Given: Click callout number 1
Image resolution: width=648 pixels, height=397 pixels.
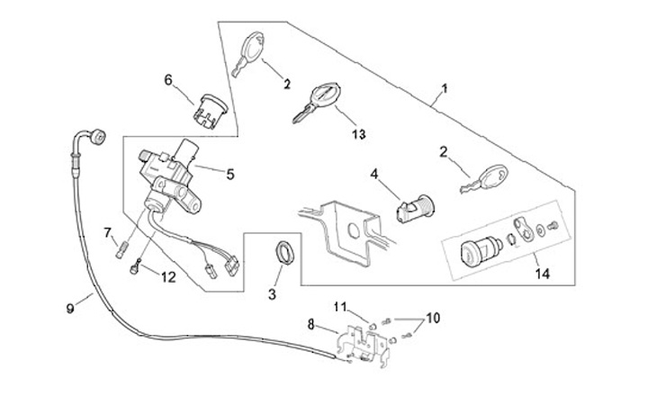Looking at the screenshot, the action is point(445,88).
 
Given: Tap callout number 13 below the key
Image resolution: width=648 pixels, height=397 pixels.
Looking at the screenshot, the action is point(359,134).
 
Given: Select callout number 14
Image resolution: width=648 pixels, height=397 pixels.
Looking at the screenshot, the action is point(543,274).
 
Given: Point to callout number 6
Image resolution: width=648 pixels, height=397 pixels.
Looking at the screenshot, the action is point(167,80).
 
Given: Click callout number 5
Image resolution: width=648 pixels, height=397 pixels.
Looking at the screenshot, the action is point(230,175).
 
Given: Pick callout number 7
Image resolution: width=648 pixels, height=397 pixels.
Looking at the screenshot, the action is point(108,233).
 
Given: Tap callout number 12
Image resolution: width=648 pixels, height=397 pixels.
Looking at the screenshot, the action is point(168,277).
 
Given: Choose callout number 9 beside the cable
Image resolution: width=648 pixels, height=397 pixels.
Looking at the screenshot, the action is point(70,309).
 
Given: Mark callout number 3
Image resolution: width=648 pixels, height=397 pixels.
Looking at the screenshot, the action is point(272,294).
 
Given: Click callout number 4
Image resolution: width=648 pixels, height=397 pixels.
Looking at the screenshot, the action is point(374,174).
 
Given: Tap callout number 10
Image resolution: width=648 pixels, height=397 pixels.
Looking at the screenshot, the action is point(433,318).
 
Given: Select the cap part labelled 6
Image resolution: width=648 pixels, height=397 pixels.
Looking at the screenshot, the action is point(211,111).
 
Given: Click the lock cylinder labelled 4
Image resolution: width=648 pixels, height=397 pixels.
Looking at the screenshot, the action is point(415,209).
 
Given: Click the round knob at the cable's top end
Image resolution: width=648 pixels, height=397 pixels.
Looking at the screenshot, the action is point(98,137).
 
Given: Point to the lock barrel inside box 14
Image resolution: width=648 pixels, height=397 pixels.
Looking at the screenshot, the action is point(481,251).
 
